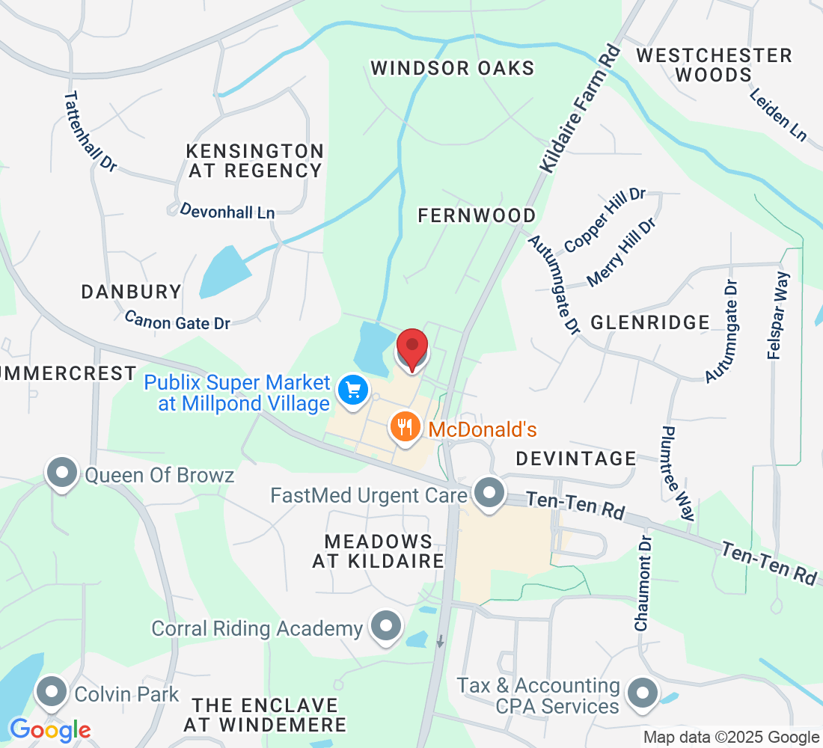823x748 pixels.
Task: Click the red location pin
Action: [411, 349]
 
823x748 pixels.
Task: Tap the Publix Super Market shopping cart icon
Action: [352, 390]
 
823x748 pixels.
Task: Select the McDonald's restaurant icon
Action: [405, 428]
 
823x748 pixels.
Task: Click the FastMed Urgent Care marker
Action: [490, 494]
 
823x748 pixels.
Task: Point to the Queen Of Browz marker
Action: [63, 474]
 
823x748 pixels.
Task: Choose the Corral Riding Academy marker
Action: [387, 628]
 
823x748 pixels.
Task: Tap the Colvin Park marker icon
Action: [52, 693]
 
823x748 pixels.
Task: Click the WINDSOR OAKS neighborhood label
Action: [453, 68]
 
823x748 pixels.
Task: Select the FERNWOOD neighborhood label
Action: [477, 215]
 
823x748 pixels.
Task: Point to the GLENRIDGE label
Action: [649, 322]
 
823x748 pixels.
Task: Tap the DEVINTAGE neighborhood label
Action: [575, 458]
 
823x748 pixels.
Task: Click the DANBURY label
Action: [131, 292]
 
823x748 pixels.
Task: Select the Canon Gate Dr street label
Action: [177, 320]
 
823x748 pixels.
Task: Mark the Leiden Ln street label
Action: [778, 113]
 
